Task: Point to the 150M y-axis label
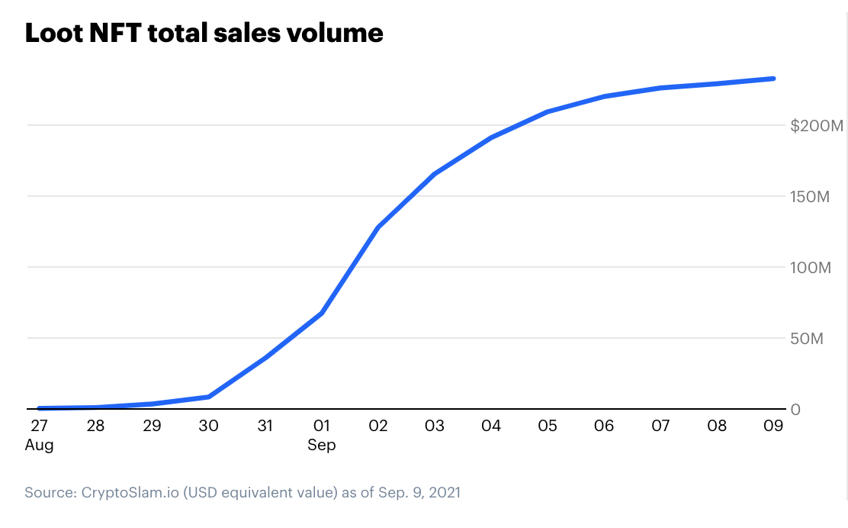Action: (808, 197)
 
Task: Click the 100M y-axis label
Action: (808, 268)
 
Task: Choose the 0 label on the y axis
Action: (795, 410)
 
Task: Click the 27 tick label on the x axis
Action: (38, 426)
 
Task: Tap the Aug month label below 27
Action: (40, 445)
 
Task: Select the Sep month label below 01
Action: (321, 445)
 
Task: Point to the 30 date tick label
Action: (208, 426)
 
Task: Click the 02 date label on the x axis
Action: (377, 426)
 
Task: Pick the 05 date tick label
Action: (548, 426)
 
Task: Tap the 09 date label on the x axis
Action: (774, 426)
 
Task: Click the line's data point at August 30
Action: (208, 397)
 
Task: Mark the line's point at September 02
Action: (377, 227)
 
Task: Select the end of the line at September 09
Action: (774, 79)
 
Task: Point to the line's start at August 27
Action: (39, 408)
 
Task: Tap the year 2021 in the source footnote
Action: (444, 493)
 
